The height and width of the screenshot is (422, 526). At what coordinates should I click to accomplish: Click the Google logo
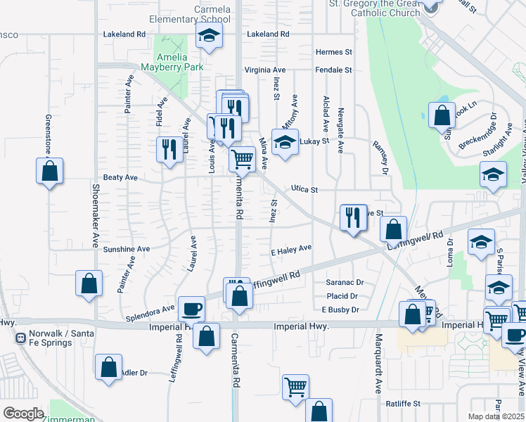pos(23,414)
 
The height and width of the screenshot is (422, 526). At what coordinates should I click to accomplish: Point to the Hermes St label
pos(333,52)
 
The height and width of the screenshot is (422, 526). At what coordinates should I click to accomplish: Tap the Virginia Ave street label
pos(265,70)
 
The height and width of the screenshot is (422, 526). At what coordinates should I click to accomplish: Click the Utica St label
pos(304,190)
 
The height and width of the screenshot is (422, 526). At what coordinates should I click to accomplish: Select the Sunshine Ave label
pos(127,249)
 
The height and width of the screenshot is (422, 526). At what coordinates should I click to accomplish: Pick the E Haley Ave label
pos(291,249)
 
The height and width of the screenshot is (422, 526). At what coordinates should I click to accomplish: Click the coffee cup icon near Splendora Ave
pos(191,308)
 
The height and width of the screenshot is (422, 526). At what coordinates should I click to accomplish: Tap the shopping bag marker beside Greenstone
pos(50,170)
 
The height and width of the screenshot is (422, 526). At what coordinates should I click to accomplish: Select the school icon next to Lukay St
pos(285,141)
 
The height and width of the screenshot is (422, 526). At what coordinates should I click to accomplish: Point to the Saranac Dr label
pos(345,283)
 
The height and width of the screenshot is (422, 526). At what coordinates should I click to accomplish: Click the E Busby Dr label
pos(340,309)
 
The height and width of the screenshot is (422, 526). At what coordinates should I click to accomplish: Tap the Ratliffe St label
pos(403,404)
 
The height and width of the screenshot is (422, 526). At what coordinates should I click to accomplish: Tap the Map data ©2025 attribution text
pos(496,416)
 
